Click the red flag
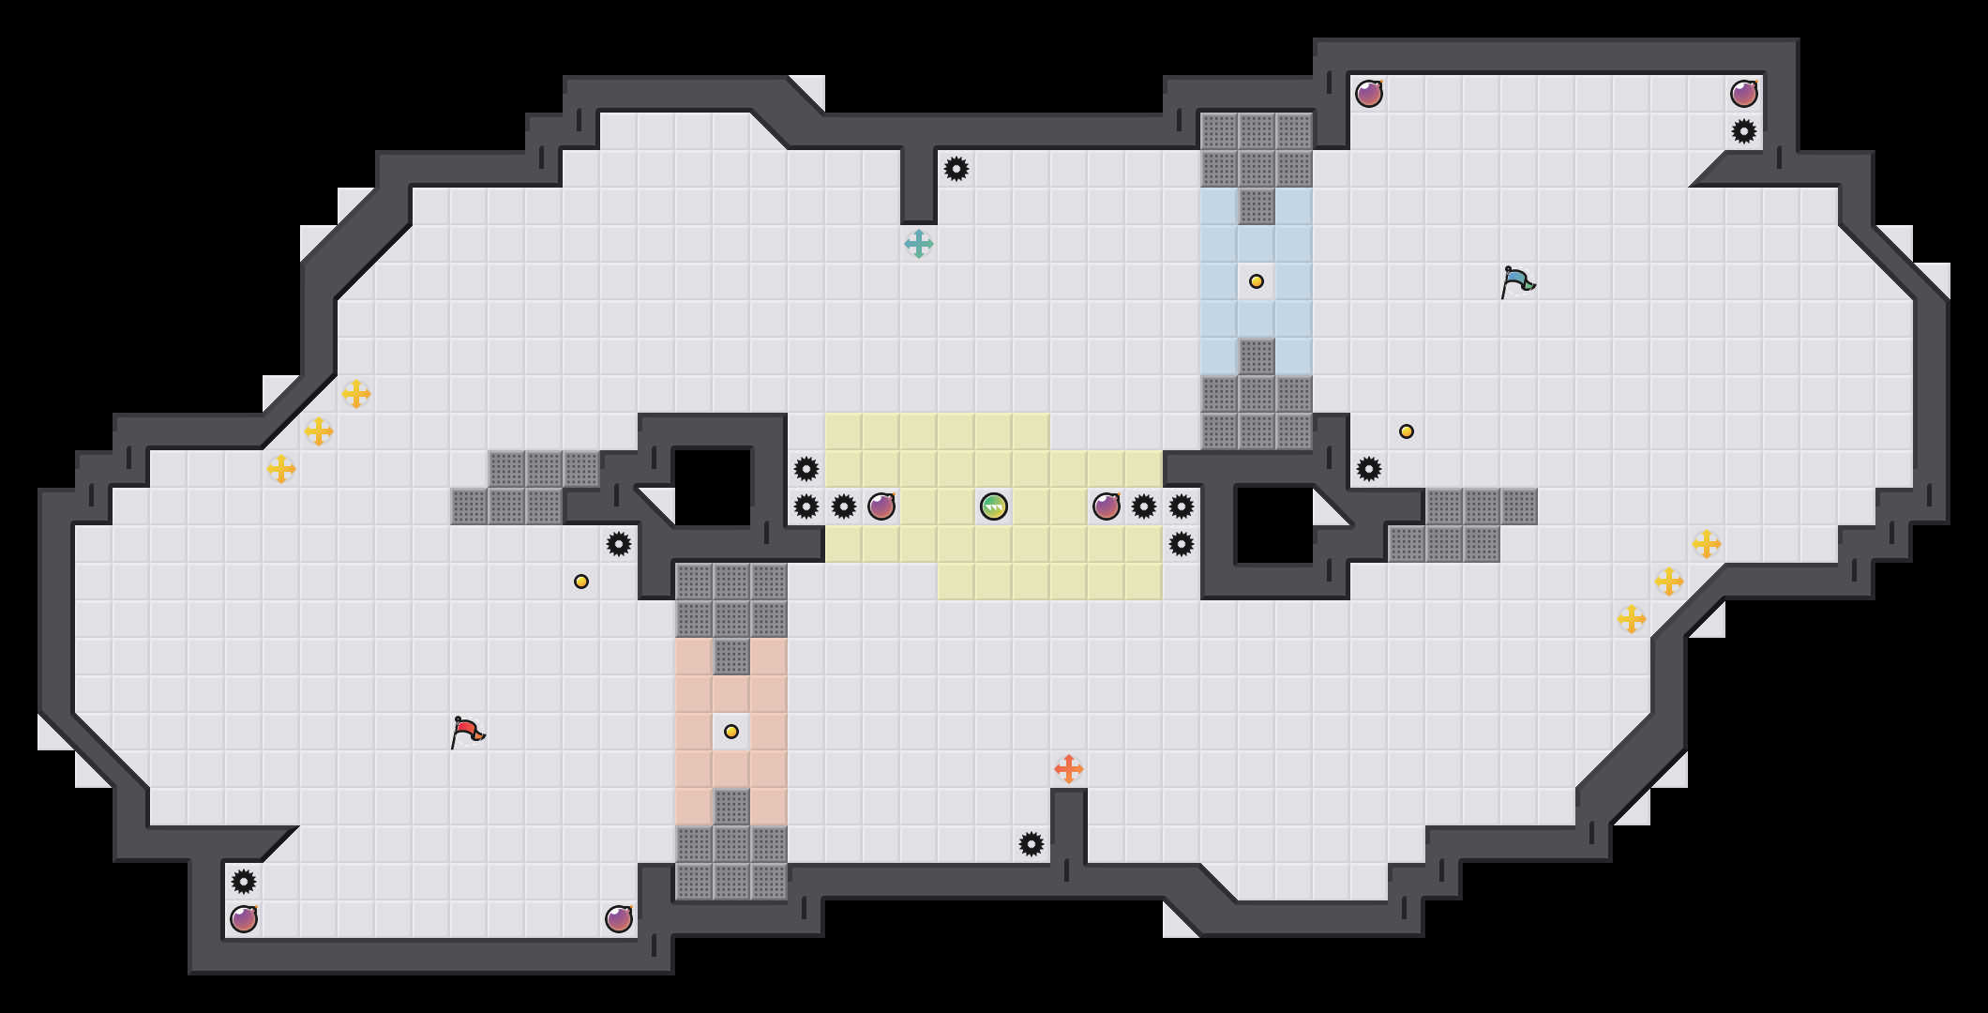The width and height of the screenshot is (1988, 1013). click(x=467, y=732)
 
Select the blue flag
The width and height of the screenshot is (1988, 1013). click(x=1517, y=281)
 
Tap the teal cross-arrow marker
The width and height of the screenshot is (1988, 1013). click(x=919, y=244)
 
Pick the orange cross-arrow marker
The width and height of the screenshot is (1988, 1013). click(x=1069, y=769)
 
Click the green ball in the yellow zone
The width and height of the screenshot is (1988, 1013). click(x=994, y=506)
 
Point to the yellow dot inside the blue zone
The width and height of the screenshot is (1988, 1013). click(x=1257, y=281)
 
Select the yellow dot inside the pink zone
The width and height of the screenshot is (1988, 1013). click(x=731, y=732)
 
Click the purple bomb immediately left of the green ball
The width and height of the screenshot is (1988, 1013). click(x=881, y=506)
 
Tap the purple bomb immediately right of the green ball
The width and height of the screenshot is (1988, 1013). click(x=1107, y=506)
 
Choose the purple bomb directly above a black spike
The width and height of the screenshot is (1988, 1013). click(x=1744, y=94)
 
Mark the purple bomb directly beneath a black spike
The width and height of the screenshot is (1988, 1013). click(x=244, y=919)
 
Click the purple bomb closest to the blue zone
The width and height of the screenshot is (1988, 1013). click(x=1369, y=94)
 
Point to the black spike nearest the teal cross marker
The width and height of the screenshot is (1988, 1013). click(x=956, y=169)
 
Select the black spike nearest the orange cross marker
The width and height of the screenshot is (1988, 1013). click(x=1032, y=844)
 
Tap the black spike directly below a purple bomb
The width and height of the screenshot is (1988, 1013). click(x=1744, y=131)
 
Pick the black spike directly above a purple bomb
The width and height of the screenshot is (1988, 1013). click(x=244, y=882)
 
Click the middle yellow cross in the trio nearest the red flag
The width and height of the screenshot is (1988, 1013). click(x=319, y=431)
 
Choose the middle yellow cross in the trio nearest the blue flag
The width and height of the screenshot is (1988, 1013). click(x=1669, y=582)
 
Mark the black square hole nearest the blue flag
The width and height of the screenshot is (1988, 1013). click(x=1275, y=525)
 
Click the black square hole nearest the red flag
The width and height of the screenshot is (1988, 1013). click(x=713, y=488)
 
